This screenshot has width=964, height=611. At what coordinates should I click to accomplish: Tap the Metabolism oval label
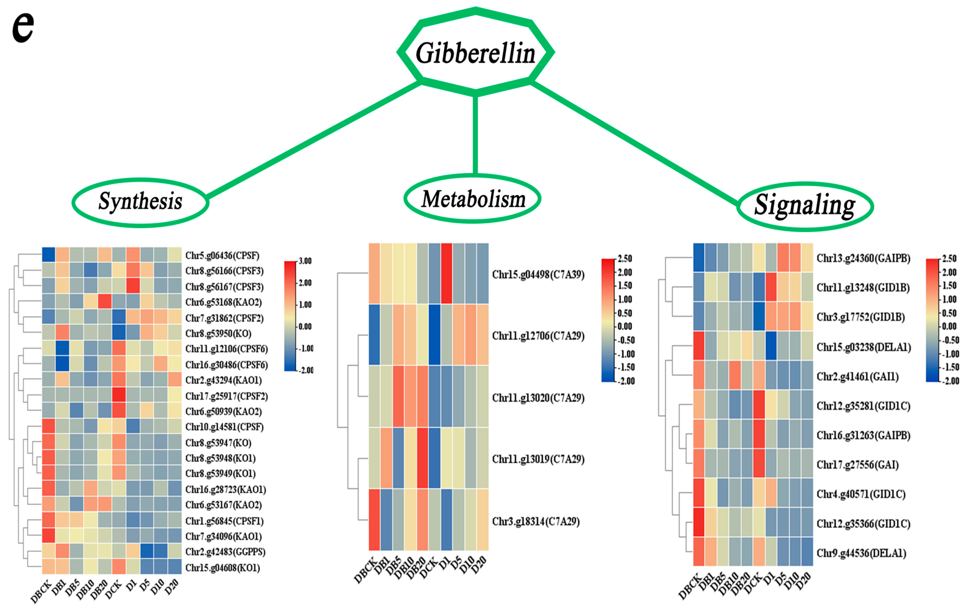pyautogui.click(x=473, y=199)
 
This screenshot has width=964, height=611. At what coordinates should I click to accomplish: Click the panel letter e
pyautogui.click(x=23, y=27)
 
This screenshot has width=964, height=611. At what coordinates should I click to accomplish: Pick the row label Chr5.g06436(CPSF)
pyautogui.click(x=222, y=255)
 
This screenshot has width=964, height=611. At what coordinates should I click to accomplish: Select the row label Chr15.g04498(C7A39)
pyautogui.click(x=538, y=274)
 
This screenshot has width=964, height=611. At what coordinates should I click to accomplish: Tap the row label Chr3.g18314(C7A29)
pyautogui.click(x=536, y=521)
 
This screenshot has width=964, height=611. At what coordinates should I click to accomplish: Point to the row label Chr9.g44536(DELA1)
pyautogui.click(x=861, y=553)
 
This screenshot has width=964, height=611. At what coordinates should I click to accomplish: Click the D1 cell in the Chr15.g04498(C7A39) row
pyautogui.click(x=446, y=274)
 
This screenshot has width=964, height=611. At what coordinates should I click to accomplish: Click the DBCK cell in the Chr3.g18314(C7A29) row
pyautogui.click(x=374, y=520)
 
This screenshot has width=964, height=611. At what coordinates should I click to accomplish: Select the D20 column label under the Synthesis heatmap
pyautogui.click(x=171, y=588)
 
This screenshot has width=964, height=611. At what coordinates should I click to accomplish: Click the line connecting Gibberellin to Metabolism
pyautogui.click(x=475, y=134)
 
